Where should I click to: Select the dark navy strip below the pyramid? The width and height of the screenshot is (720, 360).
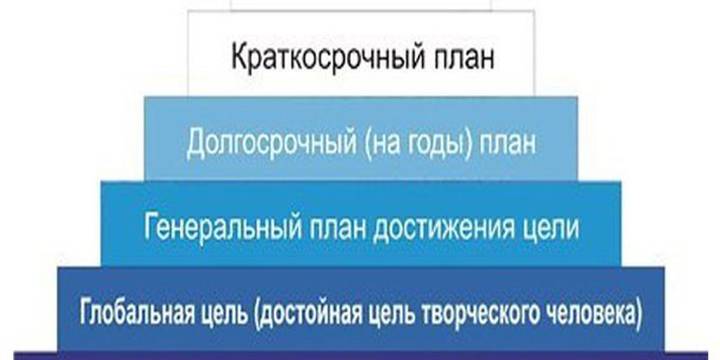(360, 355)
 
